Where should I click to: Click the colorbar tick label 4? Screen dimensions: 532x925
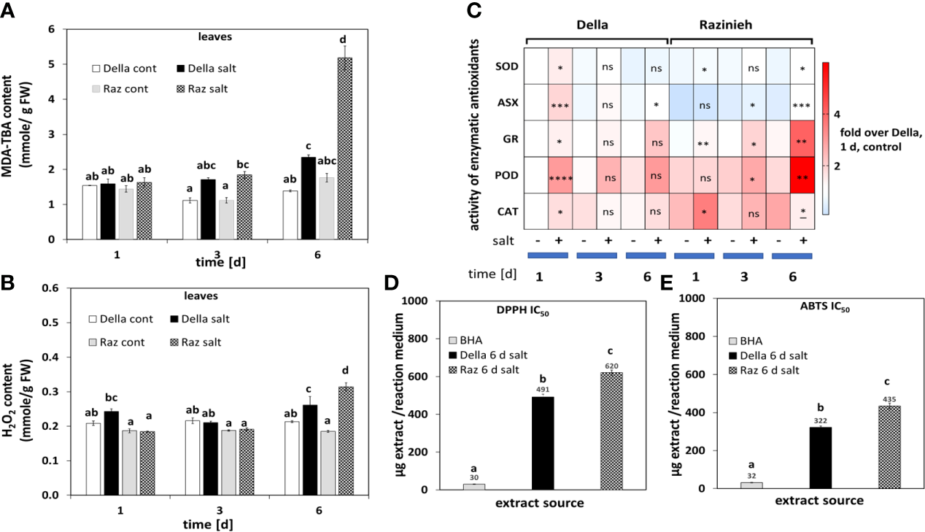click(838, 115)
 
